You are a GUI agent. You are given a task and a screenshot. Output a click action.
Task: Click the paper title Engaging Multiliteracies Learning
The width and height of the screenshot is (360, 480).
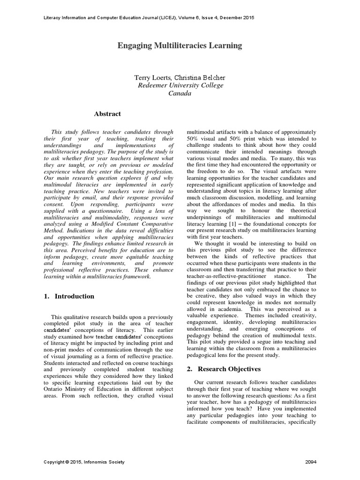coord(180,45)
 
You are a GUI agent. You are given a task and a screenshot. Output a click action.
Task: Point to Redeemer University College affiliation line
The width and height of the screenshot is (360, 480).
coord(180,85)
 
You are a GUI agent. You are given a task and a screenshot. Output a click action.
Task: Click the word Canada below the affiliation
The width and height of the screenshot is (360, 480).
coord(180,93)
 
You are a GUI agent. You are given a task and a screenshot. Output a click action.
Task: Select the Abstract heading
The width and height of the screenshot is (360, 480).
coord(107,114)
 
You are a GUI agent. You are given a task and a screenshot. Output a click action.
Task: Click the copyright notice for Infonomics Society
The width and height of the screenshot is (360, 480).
coord(84,462)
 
